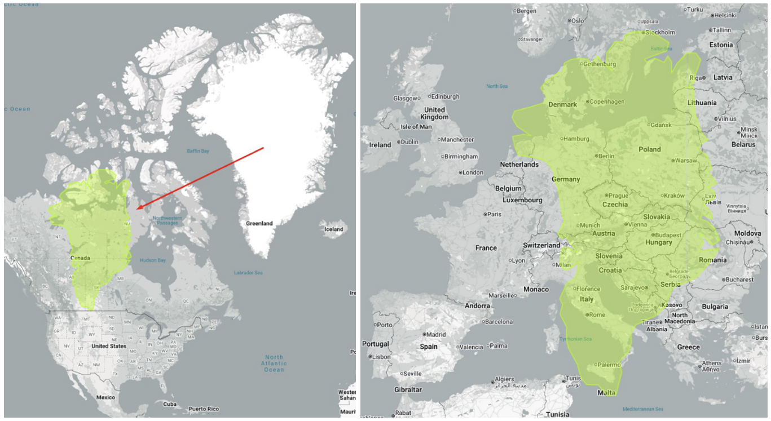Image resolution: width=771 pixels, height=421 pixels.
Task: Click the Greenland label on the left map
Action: point(259,223)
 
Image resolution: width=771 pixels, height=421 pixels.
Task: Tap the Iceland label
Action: point(333,229)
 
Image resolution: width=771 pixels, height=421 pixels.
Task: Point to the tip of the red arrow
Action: point(137,210)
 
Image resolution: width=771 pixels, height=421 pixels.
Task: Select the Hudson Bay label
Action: point(152,260)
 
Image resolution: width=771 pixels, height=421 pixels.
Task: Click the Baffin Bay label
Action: point(198,151)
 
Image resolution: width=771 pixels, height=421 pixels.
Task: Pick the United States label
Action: point(109,346)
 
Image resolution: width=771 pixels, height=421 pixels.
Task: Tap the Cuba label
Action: point(170,404)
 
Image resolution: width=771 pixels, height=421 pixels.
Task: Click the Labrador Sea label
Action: point(248,273)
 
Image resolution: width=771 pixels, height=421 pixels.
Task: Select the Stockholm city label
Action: point(660,32)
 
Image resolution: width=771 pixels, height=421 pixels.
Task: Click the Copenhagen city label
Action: point(607,101)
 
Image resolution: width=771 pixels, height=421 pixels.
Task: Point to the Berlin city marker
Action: point(596,156)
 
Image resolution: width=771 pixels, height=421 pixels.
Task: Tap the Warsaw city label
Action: point(686,161)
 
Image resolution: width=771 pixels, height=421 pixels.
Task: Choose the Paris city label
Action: point(495,214)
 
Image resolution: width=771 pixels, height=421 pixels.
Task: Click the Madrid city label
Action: point(436,334)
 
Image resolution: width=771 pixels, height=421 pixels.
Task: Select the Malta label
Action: point(606,393)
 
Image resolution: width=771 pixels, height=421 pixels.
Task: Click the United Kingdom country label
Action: point(434,113)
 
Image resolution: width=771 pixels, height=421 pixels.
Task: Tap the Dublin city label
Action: point(410,141)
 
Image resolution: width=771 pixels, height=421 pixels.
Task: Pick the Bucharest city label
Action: point(739,280)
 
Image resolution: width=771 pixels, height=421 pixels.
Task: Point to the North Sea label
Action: point(497,86)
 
